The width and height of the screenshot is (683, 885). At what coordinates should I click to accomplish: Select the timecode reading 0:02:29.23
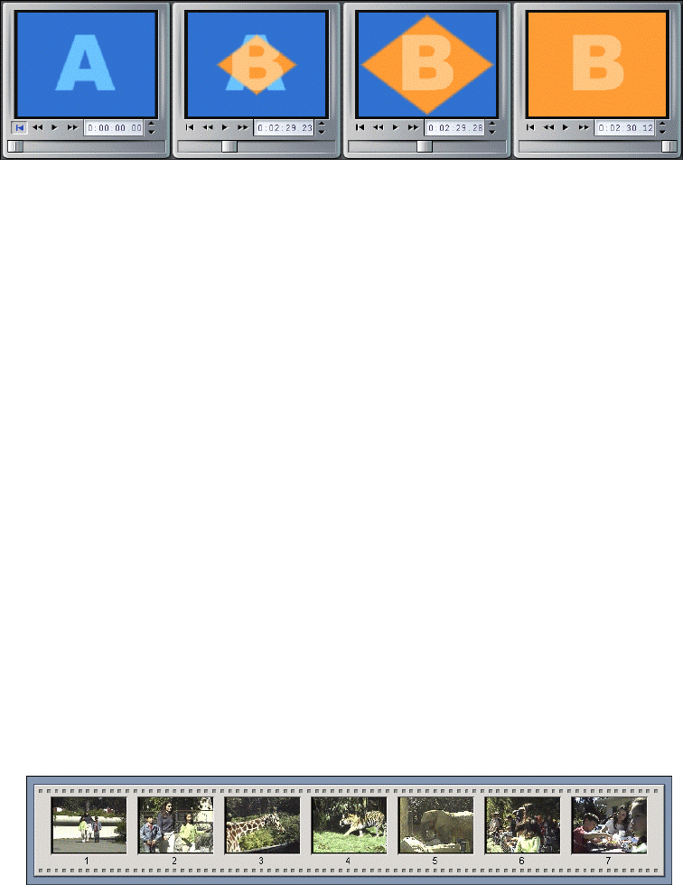(284, 128)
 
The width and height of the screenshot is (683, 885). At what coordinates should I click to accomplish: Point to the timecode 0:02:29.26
(454, 128)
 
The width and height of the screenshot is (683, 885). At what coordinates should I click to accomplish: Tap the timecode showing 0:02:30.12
(624, 128)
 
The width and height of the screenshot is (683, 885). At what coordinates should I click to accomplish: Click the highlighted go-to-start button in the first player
(19, 127)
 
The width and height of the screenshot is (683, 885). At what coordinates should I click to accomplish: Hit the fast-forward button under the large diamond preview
(412, 128)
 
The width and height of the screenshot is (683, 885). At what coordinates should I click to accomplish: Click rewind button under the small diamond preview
(207, 128)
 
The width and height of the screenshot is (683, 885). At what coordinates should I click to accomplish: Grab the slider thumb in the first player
(15, 146)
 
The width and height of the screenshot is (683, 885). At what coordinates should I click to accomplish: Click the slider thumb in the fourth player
(669, 146)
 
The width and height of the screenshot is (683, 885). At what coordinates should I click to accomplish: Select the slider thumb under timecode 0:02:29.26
(424, 146)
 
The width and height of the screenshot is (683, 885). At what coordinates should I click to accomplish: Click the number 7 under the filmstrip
(608, 861)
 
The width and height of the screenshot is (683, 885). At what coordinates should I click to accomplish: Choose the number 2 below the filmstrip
(174, 861)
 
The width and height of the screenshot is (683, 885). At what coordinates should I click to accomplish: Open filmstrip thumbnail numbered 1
(89, 824)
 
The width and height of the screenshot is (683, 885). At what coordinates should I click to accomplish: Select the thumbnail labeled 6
(522, 824)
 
